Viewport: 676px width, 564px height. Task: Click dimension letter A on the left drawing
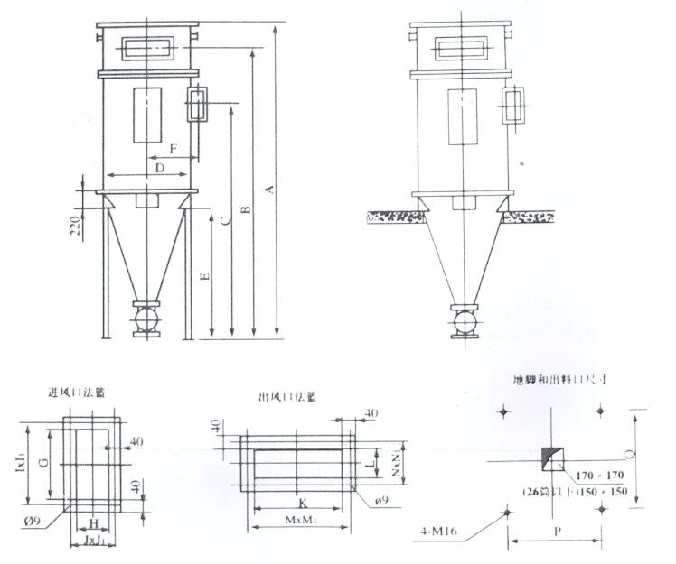pyautogui.click(x=268, y=190)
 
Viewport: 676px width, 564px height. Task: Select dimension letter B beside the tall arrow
pyautogui.click(x=245, y=209)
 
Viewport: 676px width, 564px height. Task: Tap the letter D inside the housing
pyautogui.click(x=159, y=168)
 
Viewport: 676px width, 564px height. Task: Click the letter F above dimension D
pyautogui.click(x=174, y=146)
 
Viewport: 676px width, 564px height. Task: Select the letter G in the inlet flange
pyautogui.click(x=42, y=462)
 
